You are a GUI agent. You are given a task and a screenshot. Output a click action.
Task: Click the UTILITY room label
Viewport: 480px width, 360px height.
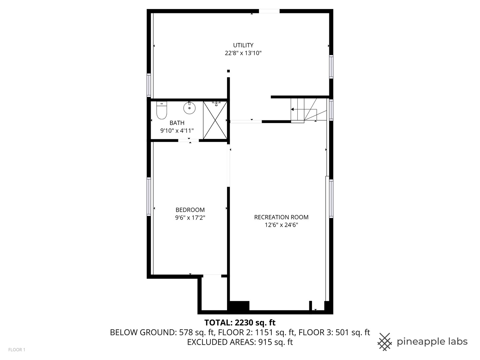coord(243,45)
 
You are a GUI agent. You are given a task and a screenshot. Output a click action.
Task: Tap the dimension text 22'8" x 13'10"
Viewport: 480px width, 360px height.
coord(243,53)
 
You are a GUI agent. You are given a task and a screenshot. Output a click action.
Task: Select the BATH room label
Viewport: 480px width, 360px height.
coord(177,123)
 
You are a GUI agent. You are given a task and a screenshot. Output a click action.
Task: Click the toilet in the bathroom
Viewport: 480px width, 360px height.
coord(162,110)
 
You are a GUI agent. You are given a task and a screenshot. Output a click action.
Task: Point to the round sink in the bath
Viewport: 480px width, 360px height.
coord(189,108)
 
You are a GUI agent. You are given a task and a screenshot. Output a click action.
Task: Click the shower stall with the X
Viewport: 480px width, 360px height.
coord(215,120)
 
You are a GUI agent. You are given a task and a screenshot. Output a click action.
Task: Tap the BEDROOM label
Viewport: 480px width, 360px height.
coord(190,210)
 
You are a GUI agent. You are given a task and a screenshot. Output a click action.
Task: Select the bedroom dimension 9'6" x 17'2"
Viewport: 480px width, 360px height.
coord(190,218)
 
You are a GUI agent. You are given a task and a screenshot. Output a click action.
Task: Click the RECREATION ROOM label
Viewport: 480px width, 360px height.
coord(281,217)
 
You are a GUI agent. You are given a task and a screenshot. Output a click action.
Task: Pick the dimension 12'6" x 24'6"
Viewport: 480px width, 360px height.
coord(281,225)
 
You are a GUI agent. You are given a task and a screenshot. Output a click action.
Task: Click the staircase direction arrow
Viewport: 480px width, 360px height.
coord(293,109)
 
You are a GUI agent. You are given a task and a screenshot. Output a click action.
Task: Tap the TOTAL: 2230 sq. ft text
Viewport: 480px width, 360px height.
coord(240,323)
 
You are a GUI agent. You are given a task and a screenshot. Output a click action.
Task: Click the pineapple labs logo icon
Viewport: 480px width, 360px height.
coord(385,342)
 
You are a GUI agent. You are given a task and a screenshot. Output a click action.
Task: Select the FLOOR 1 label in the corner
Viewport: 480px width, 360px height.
coord(17,350)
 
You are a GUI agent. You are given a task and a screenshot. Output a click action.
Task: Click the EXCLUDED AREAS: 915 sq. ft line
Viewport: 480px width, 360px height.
coord(240,342)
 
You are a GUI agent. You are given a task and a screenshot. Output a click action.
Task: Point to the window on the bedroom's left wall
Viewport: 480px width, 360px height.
coord(149,197)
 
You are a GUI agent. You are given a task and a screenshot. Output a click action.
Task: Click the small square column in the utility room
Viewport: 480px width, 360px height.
coord(228,71)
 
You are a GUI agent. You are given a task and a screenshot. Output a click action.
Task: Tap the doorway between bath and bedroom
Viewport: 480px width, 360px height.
coord(189,141)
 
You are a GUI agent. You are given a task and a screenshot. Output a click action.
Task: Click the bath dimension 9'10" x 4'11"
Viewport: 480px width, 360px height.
coord(177,131)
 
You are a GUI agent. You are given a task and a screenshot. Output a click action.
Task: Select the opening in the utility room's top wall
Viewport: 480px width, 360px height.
coord(269,11)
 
